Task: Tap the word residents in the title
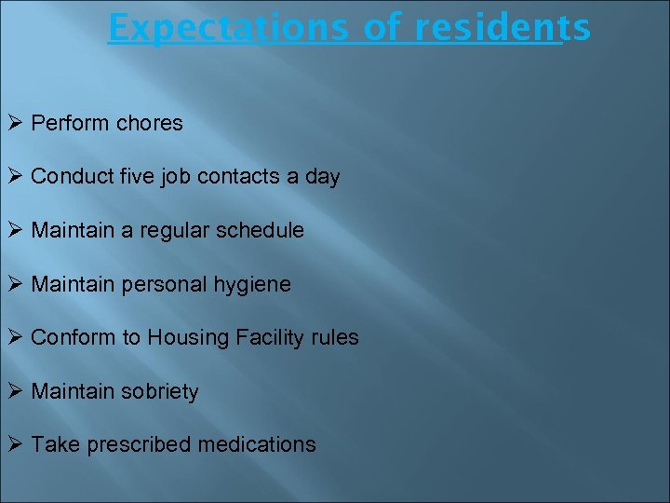click(x=502, y=28)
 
